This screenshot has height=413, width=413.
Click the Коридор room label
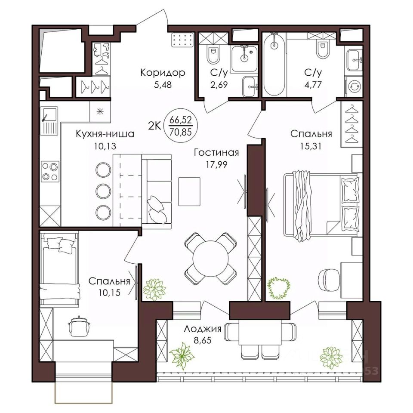click(163, 72)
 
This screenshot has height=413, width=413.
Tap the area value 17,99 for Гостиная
click(216, 164)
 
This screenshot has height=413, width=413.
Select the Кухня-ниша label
click(105, 134)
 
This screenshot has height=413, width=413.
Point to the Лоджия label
click(202, 329)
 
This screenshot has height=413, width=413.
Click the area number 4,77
click(313, 85)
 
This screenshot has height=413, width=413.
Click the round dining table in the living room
click(210, 258)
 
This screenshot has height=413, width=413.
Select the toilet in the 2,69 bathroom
click(213, 55)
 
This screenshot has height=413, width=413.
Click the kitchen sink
click(49, 120)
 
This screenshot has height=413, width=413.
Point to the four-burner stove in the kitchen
click(50, 172)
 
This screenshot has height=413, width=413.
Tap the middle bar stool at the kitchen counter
click(103, 191)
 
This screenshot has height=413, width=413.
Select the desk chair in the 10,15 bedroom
click(79, 326)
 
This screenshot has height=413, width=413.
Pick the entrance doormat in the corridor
click(182, 40)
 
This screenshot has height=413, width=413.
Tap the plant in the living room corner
click(154, 290)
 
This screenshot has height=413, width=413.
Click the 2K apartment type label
click(154, 126)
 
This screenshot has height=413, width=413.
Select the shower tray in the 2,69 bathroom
click(244, 59)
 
